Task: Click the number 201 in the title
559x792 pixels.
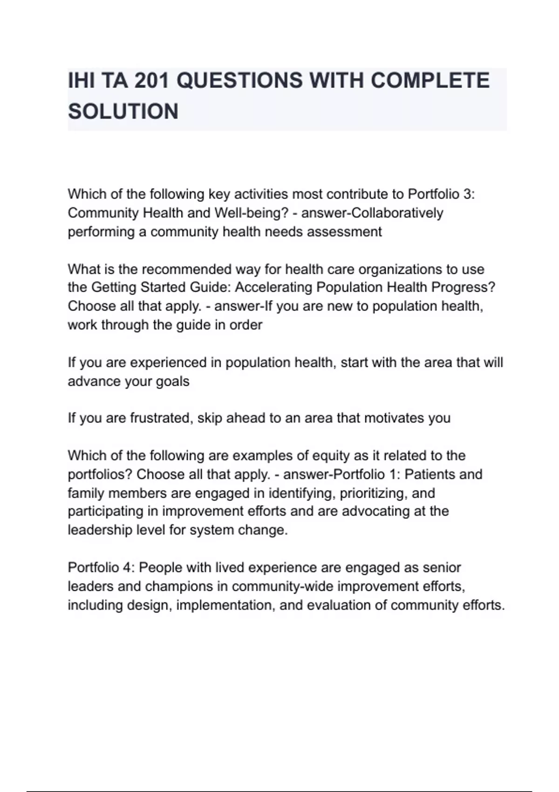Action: (150, 81)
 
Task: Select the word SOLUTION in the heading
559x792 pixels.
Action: (123, 112)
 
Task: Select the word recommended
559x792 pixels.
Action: (186, 269)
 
